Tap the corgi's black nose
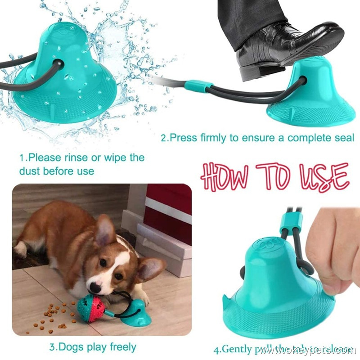(x=94, y=287)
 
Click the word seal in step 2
(x=344, y=138)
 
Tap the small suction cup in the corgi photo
(x=135, y=313)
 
